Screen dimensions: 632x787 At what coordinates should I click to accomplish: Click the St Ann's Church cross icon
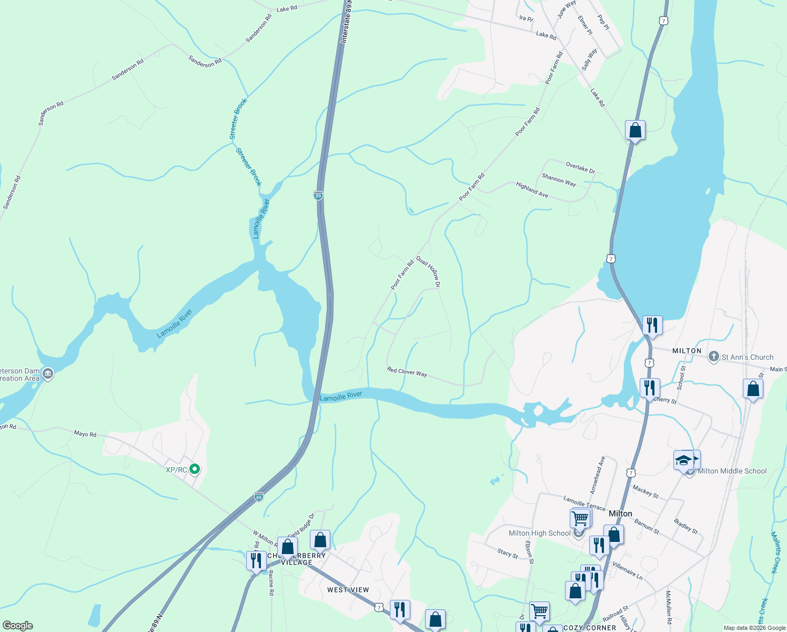click(x=713, y=357)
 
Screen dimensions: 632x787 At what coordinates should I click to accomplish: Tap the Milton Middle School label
click(x=732, y=471)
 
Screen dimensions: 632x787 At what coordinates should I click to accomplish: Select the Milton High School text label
click(x=539, y=534)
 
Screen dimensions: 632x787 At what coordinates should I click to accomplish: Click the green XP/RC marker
click(x=195, y=469)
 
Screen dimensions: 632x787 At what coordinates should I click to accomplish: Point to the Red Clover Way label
click(x=407, y=372)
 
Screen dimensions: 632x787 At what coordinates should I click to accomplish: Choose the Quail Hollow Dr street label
click(x=428, y=271)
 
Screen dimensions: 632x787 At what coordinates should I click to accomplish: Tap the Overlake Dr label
click(x=580, y=167)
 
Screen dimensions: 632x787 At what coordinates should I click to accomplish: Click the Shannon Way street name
click(x=559, y=180)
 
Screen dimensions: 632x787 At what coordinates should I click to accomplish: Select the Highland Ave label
click(x=532, y=190)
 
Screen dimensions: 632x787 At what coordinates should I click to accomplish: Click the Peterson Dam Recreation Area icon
click(x=47, y=374)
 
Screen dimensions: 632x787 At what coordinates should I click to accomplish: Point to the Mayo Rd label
click(x=85, y=434)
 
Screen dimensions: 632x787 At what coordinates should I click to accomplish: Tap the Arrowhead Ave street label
click(x=597, y=475)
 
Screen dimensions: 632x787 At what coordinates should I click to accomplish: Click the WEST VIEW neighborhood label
click(x=348, y=590)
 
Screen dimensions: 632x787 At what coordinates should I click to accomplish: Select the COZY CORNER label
click(x=590, y=628)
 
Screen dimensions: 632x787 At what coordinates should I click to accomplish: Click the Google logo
click(x=17, y=626)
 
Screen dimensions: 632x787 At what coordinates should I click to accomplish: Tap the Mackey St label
click(x=645, y=492)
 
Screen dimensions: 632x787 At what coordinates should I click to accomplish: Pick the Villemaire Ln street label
click(x=628, y=570)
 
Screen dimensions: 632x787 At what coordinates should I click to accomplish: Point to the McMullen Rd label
click(x=669, y=607)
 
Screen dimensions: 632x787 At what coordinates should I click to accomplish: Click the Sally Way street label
click(x=590, y=60)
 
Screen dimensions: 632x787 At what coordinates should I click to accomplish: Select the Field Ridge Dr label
click(x=301, y=527)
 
